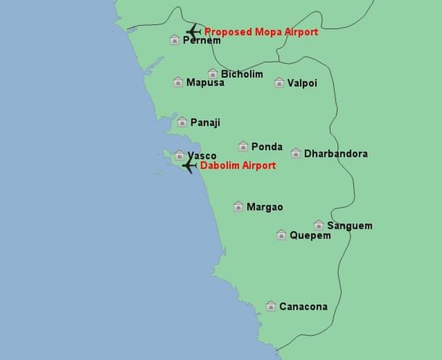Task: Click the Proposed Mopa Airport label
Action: pos(261,32)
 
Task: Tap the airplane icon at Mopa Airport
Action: pos(193,31)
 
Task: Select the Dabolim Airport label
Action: pos(238,165)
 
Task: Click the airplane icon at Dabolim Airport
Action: pos(189,165)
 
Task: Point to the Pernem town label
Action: pos(201,41)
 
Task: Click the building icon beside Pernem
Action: pos(175,40)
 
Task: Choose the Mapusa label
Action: pos(205,83)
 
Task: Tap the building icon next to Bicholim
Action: pos(213,74)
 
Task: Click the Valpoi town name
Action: pos(302,83)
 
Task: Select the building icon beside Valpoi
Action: pos(279,83)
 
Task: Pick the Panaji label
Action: pos(205,122)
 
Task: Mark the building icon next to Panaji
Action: pos(183,122)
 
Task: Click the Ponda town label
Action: pos(267,146)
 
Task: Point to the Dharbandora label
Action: pos(335,154)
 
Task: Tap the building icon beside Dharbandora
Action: pos(296,154)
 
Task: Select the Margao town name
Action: pos(264,207)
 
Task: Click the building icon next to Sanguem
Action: pos(319,225)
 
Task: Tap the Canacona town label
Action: pos(303,306)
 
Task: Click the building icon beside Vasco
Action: pos(180,155)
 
